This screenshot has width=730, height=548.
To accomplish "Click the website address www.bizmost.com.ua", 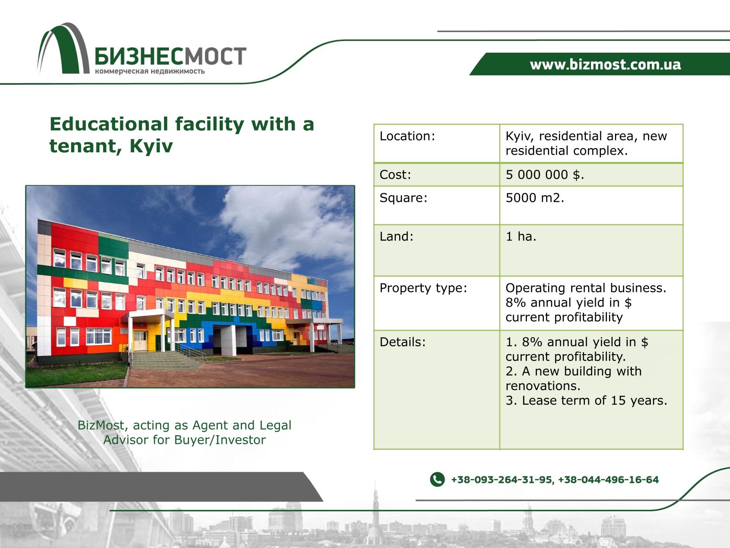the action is (605, 64).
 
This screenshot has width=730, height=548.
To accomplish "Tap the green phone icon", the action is (437, 480).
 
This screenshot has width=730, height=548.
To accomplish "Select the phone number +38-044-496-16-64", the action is (608, 480).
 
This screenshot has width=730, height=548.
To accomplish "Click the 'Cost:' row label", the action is (395, 174).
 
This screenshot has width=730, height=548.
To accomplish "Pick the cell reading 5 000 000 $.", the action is (545, 174).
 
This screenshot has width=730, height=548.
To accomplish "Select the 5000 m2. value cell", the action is (535, 198).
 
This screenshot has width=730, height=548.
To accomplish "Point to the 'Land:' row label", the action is (396, 237).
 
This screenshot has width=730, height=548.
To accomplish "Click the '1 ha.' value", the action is (521, 237).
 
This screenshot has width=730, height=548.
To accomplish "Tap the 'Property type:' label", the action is (423, 288).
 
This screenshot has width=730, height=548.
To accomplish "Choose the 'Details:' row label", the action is (402, 342).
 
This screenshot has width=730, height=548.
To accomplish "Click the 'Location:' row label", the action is (407, 136).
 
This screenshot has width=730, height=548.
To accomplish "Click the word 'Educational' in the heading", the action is (109, 124).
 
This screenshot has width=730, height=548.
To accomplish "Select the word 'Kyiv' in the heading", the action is (151, 146).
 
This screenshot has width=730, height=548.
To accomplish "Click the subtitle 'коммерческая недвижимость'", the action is (150, 71).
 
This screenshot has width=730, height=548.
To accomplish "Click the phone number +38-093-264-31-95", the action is (501, 480).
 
